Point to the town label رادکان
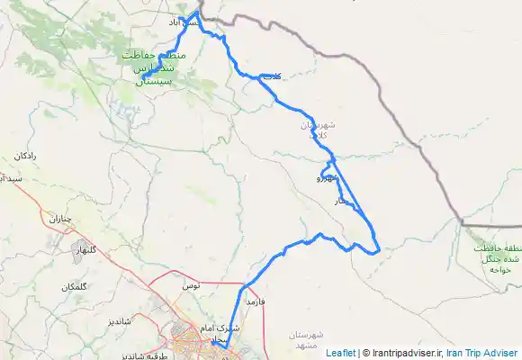point(24,157)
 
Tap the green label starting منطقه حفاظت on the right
point(493,254)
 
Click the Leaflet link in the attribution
point(341,353)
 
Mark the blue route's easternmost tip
point(380,247)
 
